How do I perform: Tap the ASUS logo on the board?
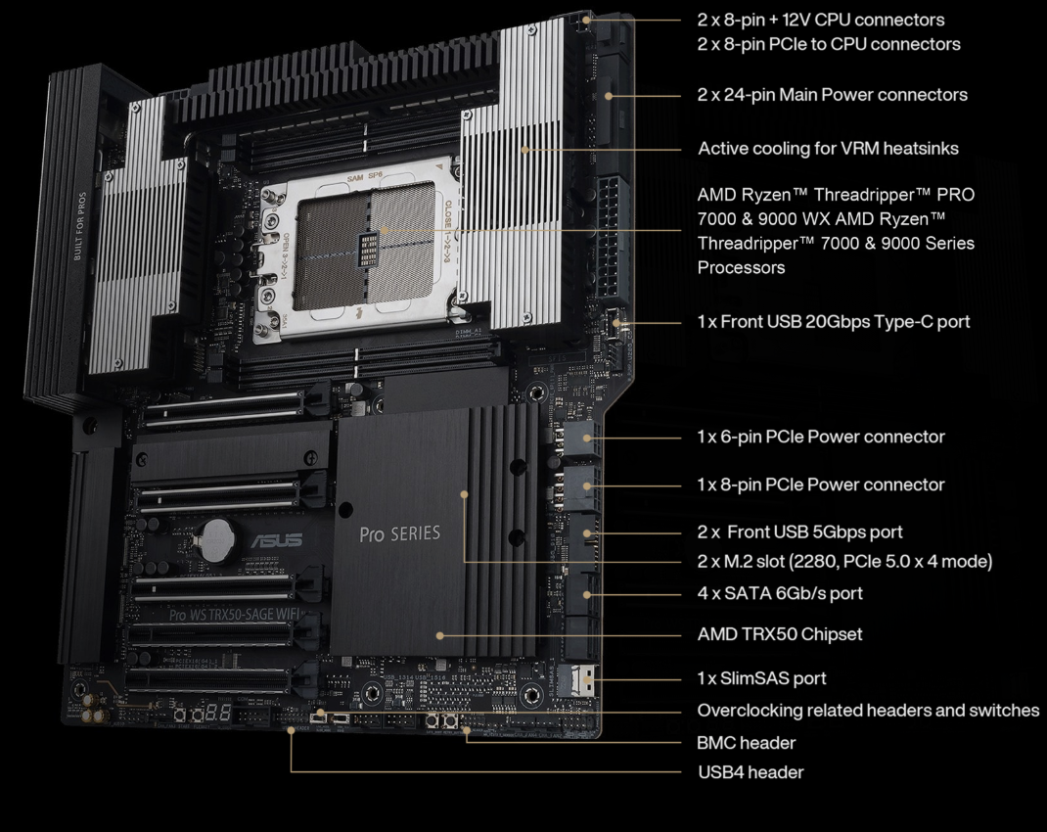tap(277, 540)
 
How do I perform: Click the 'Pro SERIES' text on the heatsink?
tap(399, 533)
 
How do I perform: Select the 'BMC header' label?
tap(746, 743)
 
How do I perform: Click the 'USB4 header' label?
tap(751, 772)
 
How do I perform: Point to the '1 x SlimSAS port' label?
tap(761, 678)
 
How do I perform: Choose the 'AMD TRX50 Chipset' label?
tap(779, 633)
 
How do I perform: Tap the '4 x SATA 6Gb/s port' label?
tap(779, 593)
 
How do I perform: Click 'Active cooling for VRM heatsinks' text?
tap(828, 148)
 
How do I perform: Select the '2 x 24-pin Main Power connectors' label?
tap(832, 95)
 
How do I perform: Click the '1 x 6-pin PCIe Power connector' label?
tap(821, 437)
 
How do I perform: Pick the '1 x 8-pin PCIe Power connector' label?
tap(821, 485)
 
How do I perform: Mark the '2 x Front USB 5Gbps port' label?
tap(799, 532)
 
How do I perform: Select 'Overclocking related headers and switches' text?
tap(868, 711)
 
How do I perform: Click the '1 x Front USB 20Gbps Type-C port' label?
tap(834, 322)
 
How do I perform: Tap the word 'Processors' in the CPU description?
tap(741, 268)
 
